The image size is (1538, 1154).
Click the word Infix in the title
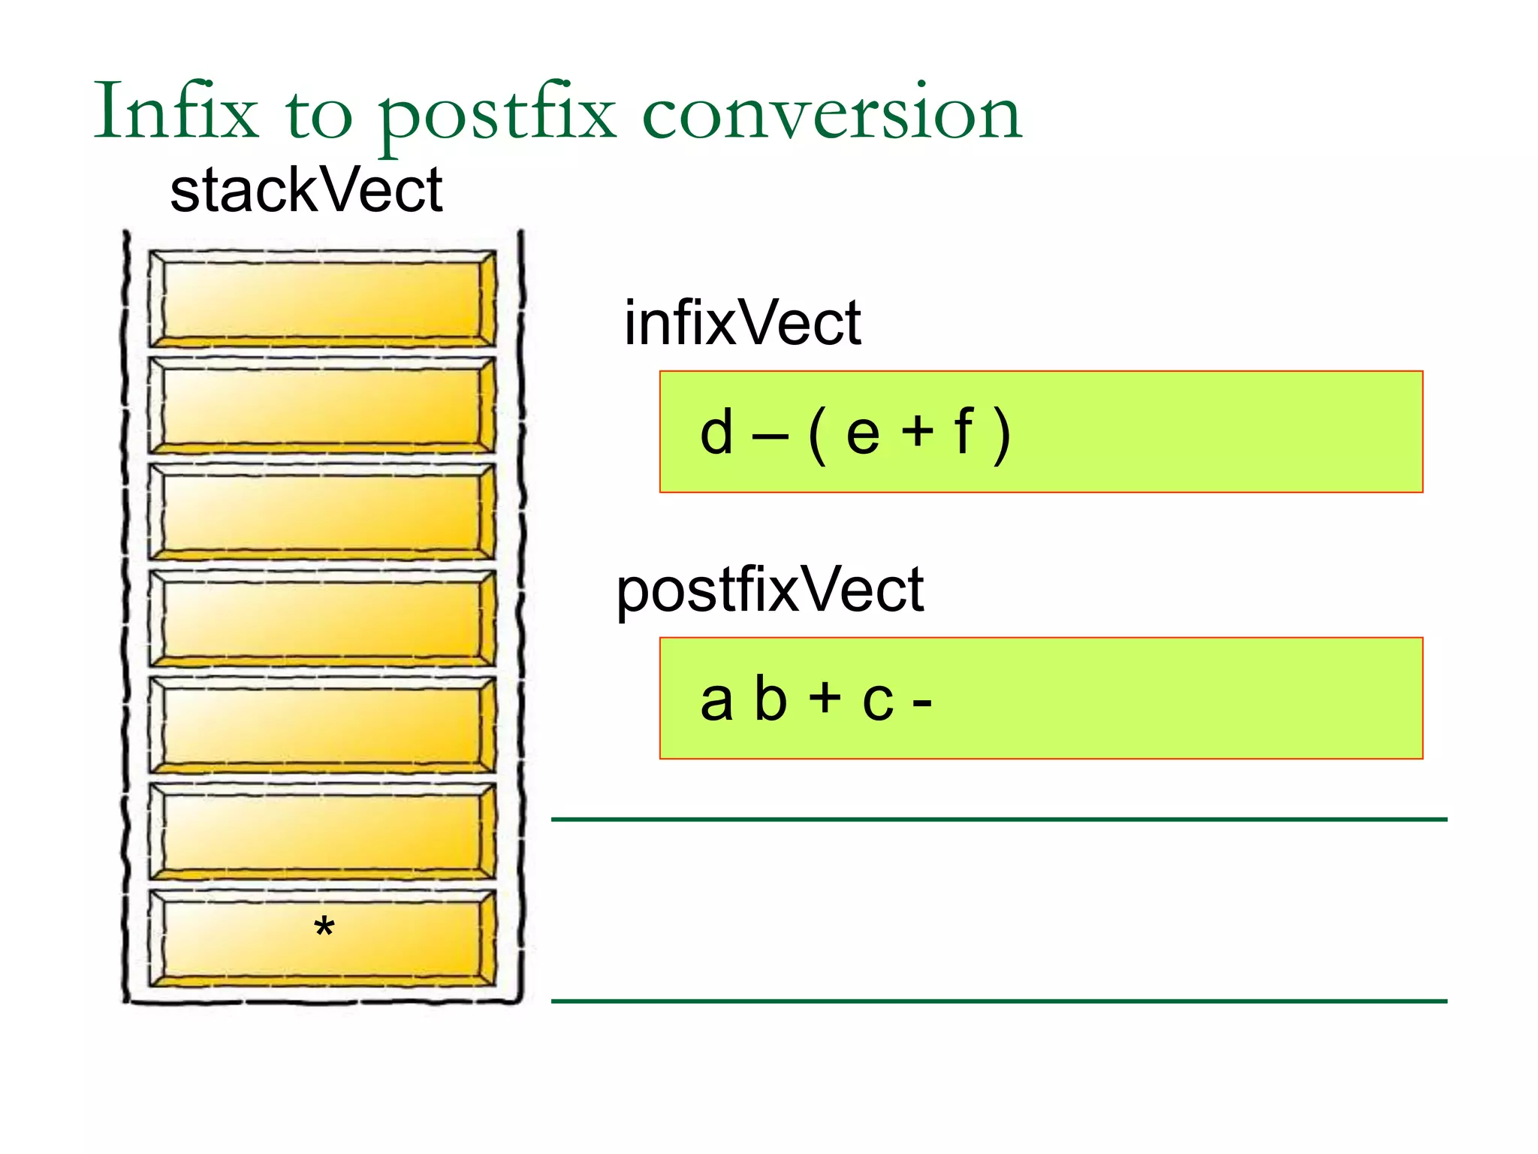(x=176, y=113)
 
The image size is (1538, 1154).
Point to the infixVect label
(x=742, y=323)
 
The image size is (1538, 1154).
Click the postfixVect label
(x=769, y=591)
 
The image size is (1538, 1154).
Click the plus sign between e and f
(x=917, y=433)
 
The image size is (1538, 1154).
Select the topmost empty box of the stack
(x=322, y=299)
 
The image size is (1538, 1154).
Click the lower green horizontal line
(x=999, y=1001)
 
